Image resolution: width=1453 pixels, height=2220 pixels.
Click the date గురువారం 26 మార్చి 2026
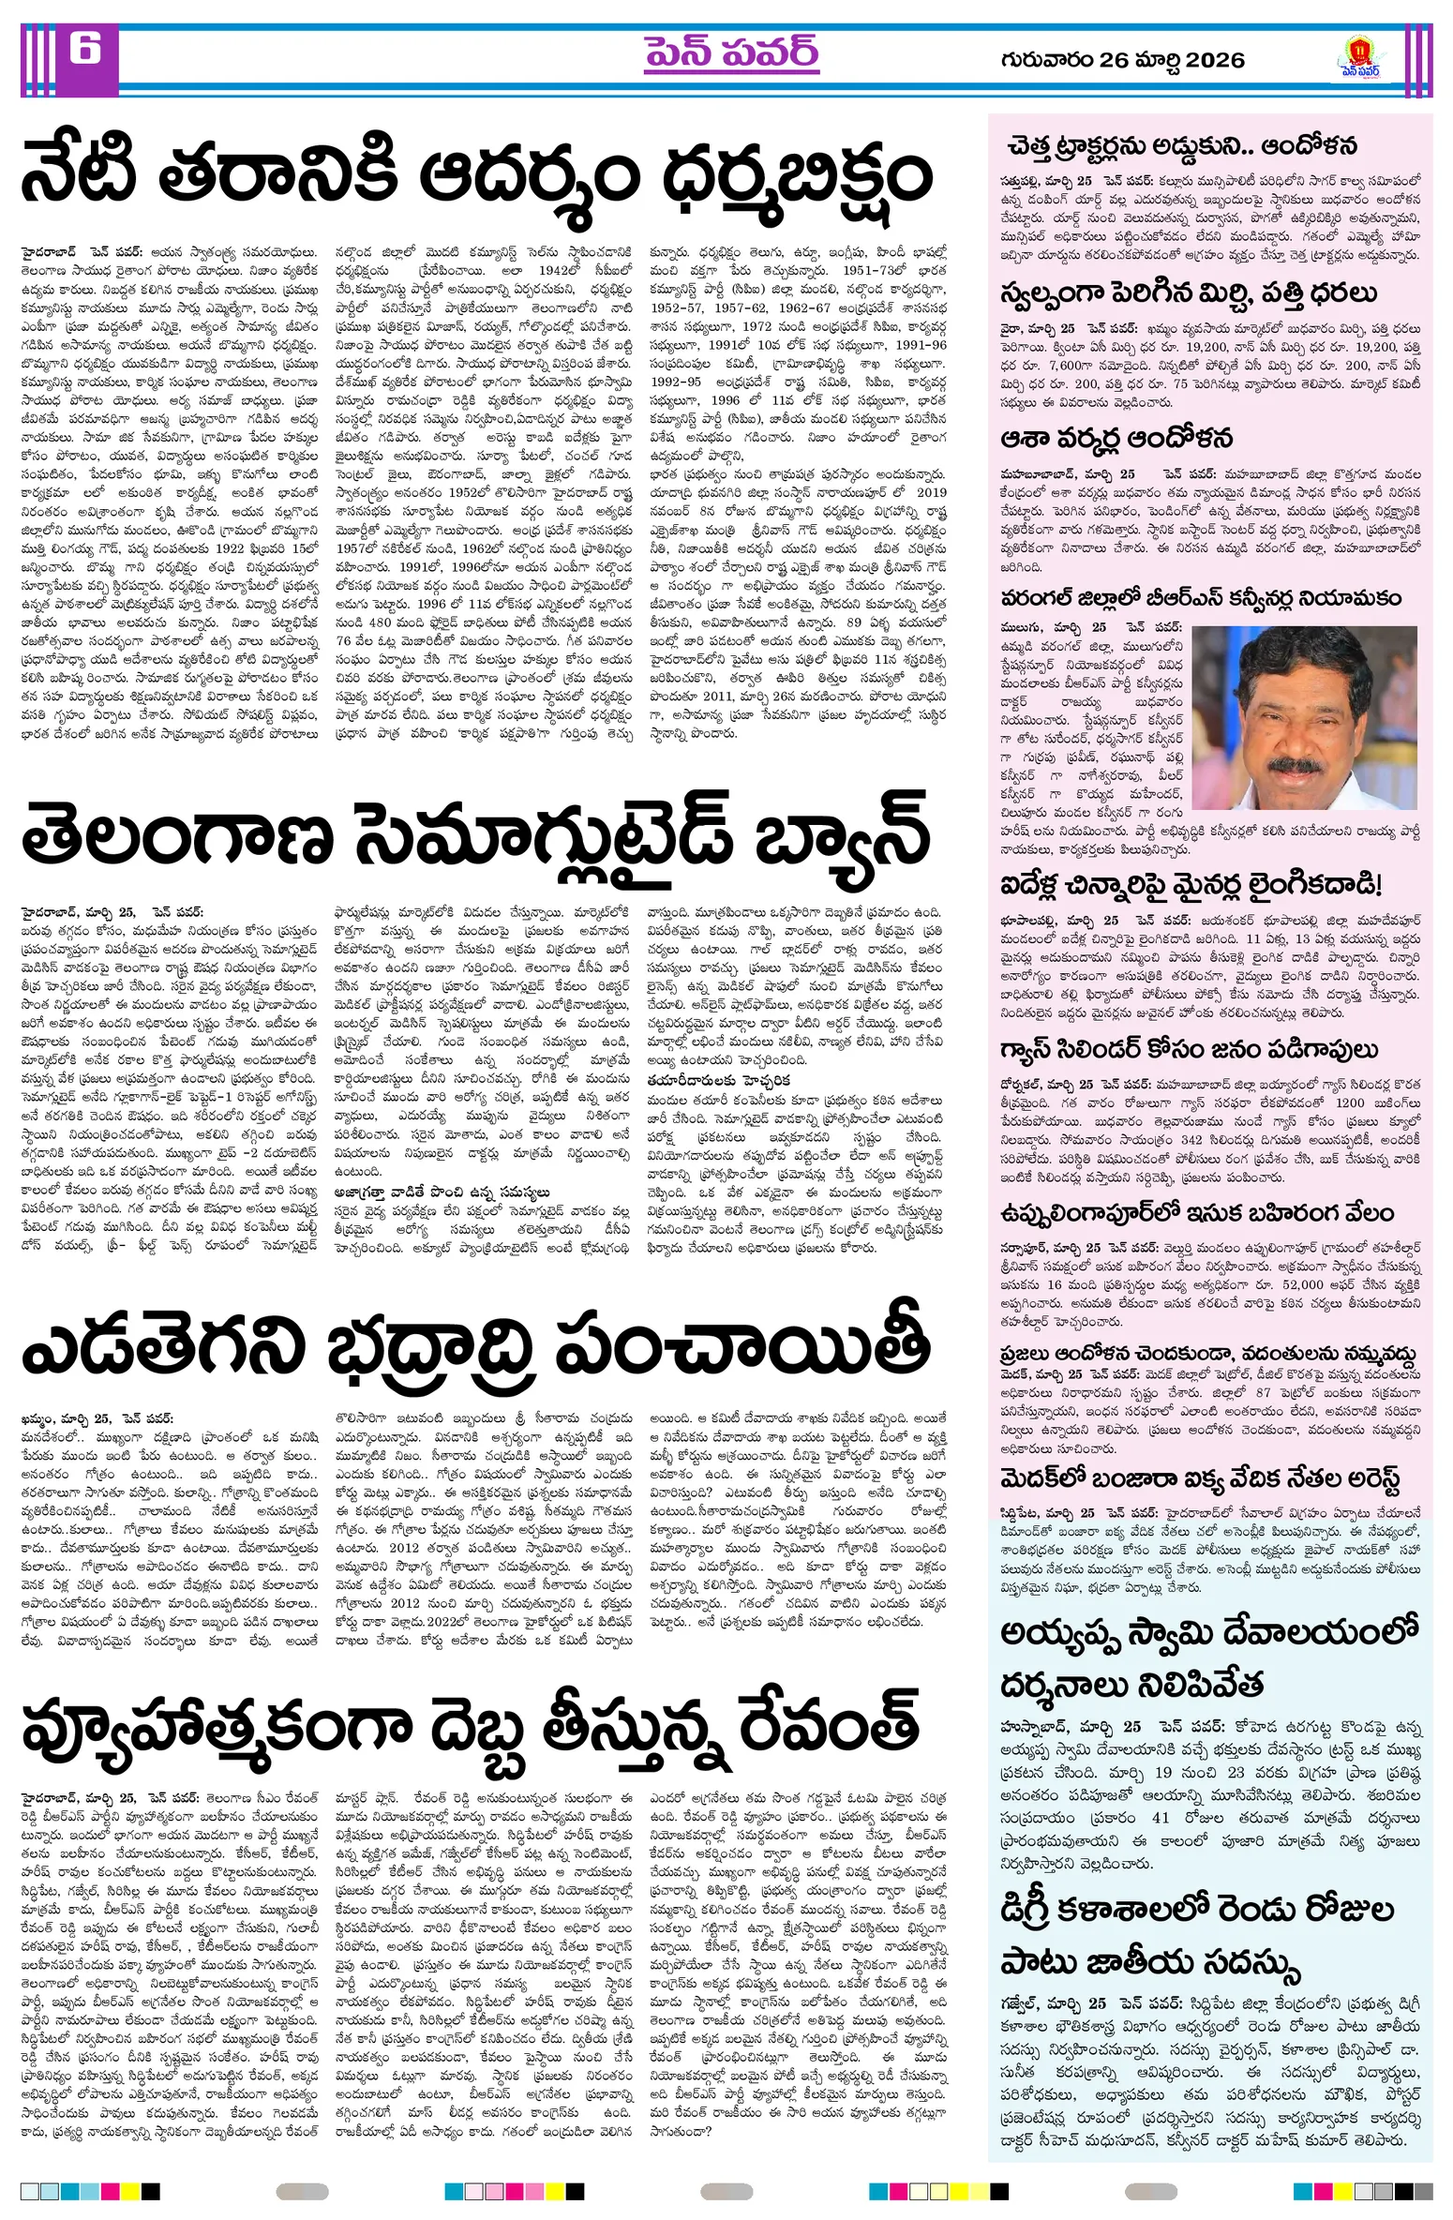pyautogui.click(x=1122, y=60)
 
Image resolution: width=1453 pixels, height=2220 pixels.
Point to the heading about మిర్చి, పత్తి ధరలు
pyautogui.click(x=1189, y=293)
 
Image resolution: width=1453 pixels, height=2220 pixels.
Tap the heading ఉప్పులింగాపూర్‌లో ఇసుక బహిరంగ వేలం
pyautogui.click(x=1197, y=1212)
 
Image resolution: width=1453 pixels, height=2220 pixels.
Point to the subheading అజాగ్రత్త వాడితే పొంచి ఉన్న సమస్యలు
pyautogui.click(x=442, y=1192)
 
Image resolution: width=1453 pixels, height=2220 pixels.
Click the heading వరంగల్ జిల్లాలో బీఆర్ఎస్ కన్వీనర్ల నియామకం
pyautogui.click(x=1201, y=598)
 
